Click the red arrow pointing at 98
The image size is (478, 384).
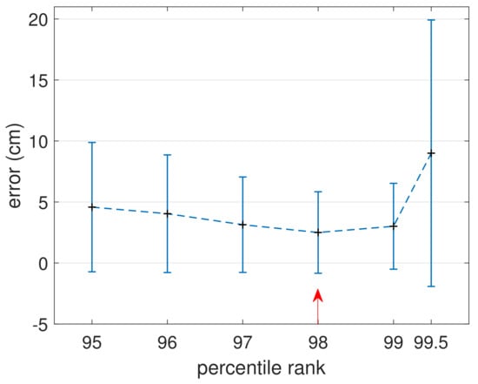pos(318,306)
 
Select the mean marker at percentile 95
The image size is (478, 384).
pos(91,207)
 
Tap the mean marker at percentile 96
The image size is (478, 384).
pos(167,213)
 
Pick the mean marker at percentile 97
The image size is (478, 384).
pos(242,225)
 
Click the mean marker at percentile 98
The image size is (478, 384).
pos(318,232)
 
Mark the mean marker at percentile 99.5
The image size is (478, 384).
pos(431,153)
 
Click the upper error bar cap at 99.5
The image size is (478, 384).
pos(431,20)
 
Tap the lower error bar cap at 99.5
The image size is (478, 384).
pos(431,286)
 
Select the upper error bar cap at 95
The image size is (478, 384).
pos(91,142)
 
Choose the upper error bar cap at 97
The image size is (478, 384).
pos(242,177)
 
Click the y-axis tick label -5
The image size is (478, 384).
pos(42,324)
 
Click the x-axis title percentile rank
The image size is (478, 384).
pos(262,368)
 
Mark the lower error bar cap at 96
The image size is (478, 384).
pos(167,273)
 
